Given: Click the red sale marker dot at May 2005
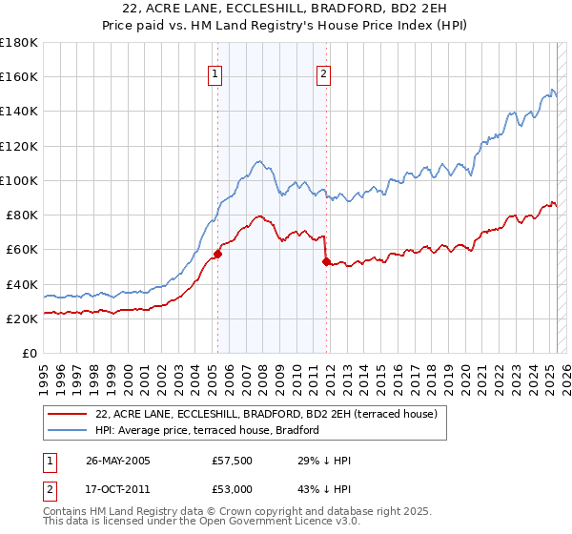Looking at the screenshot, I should [x=217, y=254].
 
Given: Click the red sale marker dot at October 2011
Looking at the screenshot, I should [x=326, y=261].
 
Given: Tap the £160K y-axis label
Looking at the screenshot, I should [x=19, y=76].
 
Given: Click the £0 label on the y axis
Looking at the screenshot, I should [x=31, y=354].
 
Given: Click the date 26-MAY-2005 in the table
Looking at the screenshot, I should [x=118, y=460].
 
